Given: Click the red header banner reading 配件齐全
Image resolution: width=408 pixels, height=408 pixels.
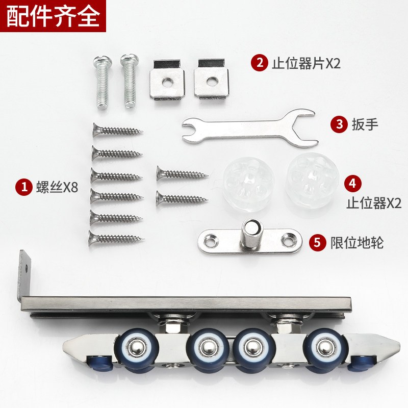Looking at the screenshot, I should pyautogui.click(x=53, y=16).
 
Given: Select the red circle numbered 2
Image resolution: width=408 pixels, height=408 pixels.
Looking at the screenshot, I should pyautogui.click(x=259, y=63).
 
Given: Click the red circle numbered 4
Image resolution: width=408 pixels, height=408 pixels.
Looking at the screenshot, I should pyautogui.click(x=352, y=182).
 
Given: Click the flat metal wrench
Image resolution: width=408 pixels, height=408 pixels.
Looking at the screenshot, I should pyautogui.click(x=249, y=128).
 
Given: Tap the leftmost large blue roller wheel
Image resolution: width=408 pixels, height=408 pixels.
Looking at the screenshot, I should pyautogui.click(x=140, y=350).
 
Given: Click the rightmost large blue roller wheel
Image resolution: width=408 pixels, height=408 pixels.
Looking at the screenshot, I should pyautogui.click(x=324, y=349).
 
